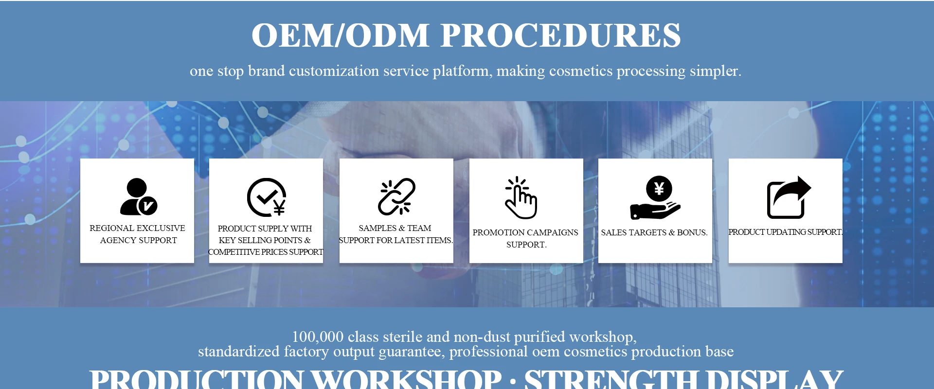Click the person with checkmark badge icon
tap(138, 197)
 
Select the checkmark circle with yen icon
tap(266, 197)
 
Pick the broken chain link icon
tap(396, 196)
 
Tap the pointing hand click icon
tap(521, 197)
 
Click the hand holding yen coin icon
tap(655, 197)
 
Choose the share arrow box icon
tap(789, 197)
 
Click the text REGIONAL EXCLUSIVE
tap(137, 228)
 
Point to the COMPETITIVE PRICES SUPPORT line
tap(266, 252)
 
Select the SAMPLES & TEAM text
tap(395, 228)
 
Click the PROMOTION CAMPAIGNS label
tap(525, 232)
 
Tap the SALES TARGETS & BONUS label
tap(654, 232)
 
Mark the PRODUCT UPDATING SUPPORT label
tap(785, 232)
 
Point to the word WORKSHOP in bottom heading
tap(406, 380)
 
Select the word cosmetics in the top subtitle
tap(581, 71)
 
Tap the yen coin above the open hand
tap(659, 188)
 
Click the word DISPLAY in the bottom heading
tap(775, 380)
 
